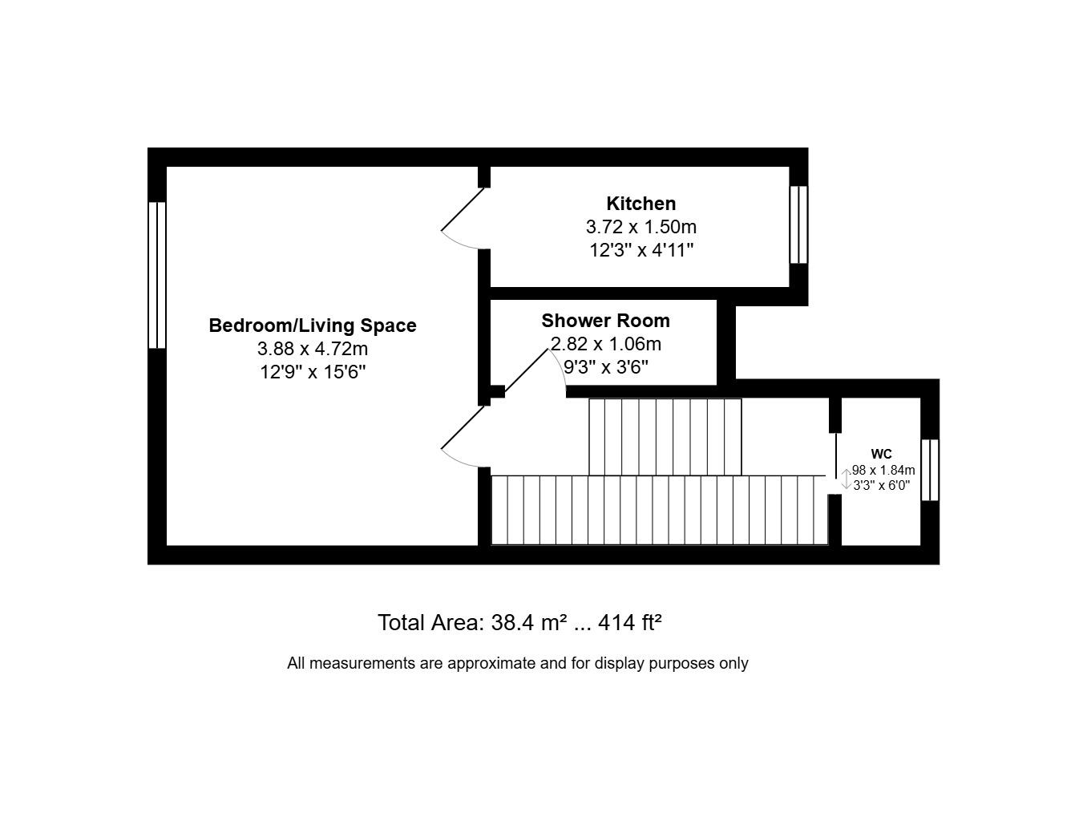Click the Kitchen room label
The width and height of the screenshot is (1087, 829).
tap(640, 204)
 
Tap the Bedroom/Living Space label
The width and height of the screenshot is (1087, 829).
tap(313, 326)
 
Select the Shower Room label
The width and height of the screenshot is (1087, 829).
tap(605, 321)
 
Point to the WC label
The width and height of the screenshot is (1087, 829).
tap(881, 455)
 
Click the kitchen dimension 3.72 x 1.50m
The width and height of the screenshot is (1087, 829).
tap(640, 227)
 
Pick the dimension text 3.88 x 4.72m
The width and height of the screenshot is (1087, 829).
tap(313, 349)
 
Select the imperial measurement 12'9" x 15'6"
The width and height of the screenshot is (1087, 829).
tap(313, 372)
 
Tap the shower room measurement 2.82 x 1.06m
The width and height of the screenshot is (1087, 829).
tap(605, 344)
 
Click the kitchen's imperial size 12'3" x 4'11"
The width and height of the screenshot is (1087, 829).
tap(640, 250)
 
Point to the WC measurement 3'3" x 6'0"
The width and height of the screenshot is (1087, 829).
tap(881, 485)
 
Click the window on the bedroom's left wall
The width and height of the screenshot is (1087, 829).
tap(157, 275)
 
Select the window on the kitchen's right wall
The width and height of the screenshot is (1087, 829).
tap(798, 224)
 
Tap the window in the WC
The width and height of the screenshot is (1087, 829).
tap(929, 470)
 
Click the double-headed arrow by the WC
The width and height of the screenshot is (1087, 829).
tap(845, 479)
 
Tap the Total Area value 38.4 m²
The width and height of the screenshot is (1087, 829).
tap(529, 623)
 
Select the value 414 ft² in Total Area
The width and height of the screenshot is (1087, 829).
tap(629, 623)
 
